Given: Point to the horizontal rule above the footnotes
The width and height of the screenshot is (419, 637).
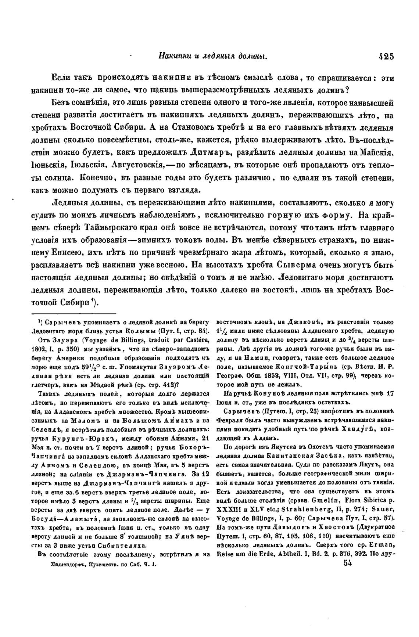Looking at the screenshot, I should click(74, 314).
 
